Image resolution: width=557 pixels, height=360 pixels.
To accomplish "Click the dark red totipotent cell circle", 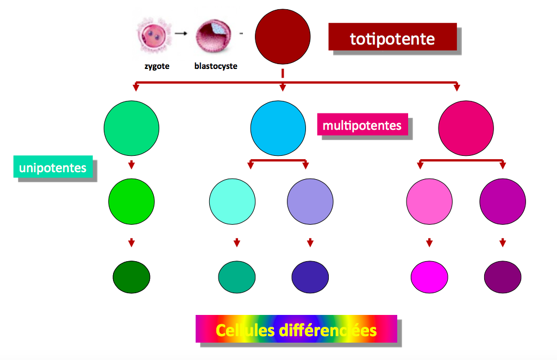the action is [x=283, y=36].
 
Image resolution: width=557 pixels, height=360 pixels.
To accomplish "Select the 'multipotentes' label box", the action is [x=362, y=125].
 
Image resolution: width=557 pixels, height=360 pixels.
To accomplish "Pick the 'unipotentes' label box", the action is [x=53, y=168].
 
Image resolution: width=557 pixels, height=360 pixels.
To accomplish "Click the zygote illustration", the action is [x=153, y=34].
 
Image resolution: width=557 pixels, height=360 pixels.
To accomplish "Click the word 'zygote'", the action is [x=157, y=66].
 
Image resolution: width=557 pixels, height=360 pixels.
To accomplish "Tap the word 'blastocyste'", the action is [x=216, y=67].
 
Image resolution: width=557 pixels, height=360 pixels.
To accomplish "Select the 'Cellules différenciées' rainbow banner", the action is [x=296, y=329].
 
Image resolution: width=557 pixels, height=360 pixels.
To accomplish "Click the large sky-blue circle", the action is [x=278, y=129].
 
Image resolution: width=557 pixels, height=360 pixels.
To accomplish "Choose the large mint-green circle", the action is [x=132, y=129].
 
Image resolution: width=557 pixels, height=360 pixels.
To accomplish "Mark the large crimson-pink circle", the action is [x=466, y=129].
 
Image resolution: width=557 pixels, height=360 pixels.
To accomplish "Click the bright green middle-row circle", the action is [x=132, y=201].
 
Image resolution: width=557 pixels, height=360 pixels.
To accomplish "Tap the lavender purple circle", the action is [x=310, y=201].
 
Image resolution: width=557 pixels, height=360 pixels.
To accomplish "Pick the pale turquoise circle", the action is [x=232, y=201].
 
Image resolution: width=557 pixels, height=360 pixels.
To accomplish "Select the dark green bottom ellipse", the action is [x=132, y=277].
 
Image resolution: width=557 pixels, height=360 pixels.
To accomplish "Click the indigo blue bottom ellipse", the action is [x=310, y=277].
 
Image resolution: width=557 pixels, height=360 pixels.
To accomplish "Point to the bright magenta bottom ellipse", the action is [x=429, y=277].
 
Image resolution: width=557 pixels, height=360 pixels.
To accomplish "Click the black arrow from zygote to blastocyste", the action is [x=182, y=34].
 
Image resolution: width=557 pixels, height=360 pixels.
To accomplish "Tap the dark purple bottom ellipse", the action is [x=503, y=277].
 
